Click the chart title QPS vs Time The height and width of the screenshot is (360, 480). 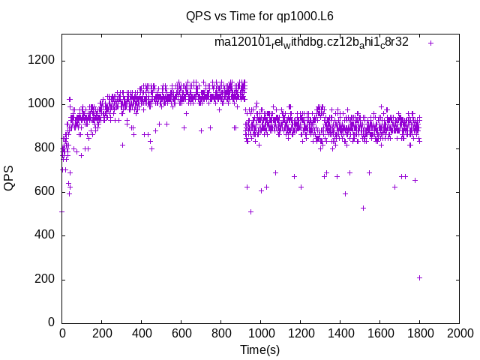point(259,16)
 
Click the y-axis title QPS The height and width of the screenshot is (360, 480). point(10,178)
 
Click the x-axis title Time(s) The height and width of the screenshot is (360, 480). point(259,349)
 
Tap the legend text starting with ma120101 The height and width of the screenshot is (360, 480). point(311,42)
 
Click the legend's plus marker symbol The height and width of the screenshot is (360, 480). point(430,43)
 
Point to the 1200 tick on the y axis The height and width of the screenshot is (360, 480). point(43,61)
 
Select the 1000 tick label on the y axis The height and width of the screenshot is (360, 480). point(43,104)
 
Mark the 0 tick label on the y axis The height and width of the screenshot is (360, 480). point(52,322)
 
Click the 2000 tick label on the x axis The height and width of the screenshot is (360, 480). point(459,334)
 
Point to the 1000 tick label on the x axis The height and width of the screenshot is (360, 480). point(260,334)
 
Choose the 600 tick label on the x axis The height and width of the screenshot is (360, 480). point(181,334)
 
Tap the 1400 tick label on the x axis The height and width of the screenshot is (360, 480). point(340,334)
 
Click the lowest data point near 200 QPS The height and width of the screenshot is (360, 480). point(419,277)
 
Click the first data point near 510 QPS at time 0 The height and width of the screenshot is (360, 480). point(61,211)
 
